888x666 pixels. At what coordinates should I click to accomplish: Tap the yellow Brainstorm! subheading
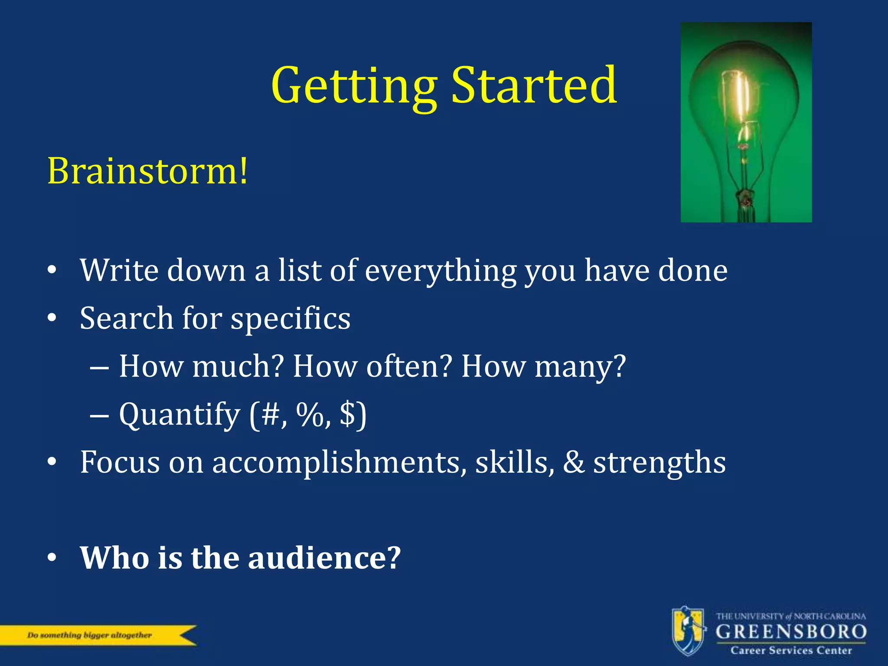tap(147, 171)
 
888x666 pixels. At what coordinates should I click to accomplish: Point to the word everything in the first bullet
tap(441, 271)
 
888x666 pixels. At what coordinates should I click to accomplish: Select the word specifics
tap(290, 319)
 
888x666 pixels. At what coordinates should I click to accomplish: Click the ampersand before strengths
tap(574, 462)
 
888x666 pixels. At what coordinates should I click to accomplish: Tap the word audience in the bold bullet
tap(324, 558)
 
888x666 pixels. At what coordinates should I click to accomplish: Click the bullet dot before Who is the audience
tap(52, 558)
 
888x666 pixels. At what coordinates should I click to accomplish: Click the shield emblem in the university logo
tap(688, 631)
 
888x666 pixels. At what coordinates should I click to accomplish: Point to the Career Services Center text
tap(791, 650)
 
